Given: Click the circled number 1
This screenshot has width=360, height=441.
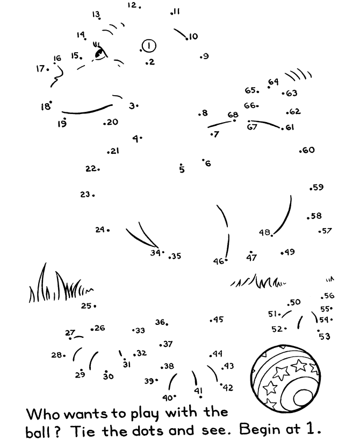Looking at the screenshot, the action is (x=149, y=46).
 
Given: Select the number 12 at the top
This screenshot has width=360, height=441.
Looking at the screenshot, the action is (x=132, y=5).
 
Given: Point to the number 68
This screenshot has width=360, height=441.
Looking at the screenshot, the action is (x=233, y=115).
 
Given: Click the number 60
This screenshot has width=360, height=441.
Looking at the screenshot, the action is (x=309, y=150).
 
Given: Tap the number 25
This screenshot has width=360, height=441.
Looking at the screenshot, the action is (x=87, y=305).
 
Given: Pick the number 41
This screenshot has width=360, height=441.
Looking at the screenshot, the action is (x=198, y=390).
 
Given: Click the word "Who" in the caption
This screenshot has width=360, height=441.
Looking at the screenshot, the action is (x=43, y=414).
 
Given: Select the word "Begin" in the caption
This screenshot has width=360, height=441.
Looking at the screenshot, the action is (x=261, y=429).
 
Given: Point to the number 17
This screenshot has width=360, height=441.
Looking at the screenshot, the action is (x=40, y=68).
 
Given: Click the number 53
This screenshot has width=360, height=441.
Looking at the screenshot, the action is (x=325, y=336).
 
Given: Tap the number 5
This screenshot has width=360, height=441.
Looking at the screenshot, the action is (x=182, y=169).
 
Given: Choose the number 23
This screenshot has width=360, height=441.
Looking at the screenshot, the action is (x=85, y=194).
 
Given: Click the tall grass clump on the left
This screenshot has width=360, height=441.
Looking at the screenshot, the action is (x=60, y=284).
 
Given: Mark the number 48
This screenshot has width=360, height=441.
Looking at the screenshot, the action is (x=264, y=232).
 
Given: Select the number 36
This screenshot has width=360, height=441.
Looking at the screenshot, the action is (x=160, y=322).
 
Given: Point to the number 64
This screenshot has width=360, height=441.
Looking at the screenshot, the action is (x=273, y=82).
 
